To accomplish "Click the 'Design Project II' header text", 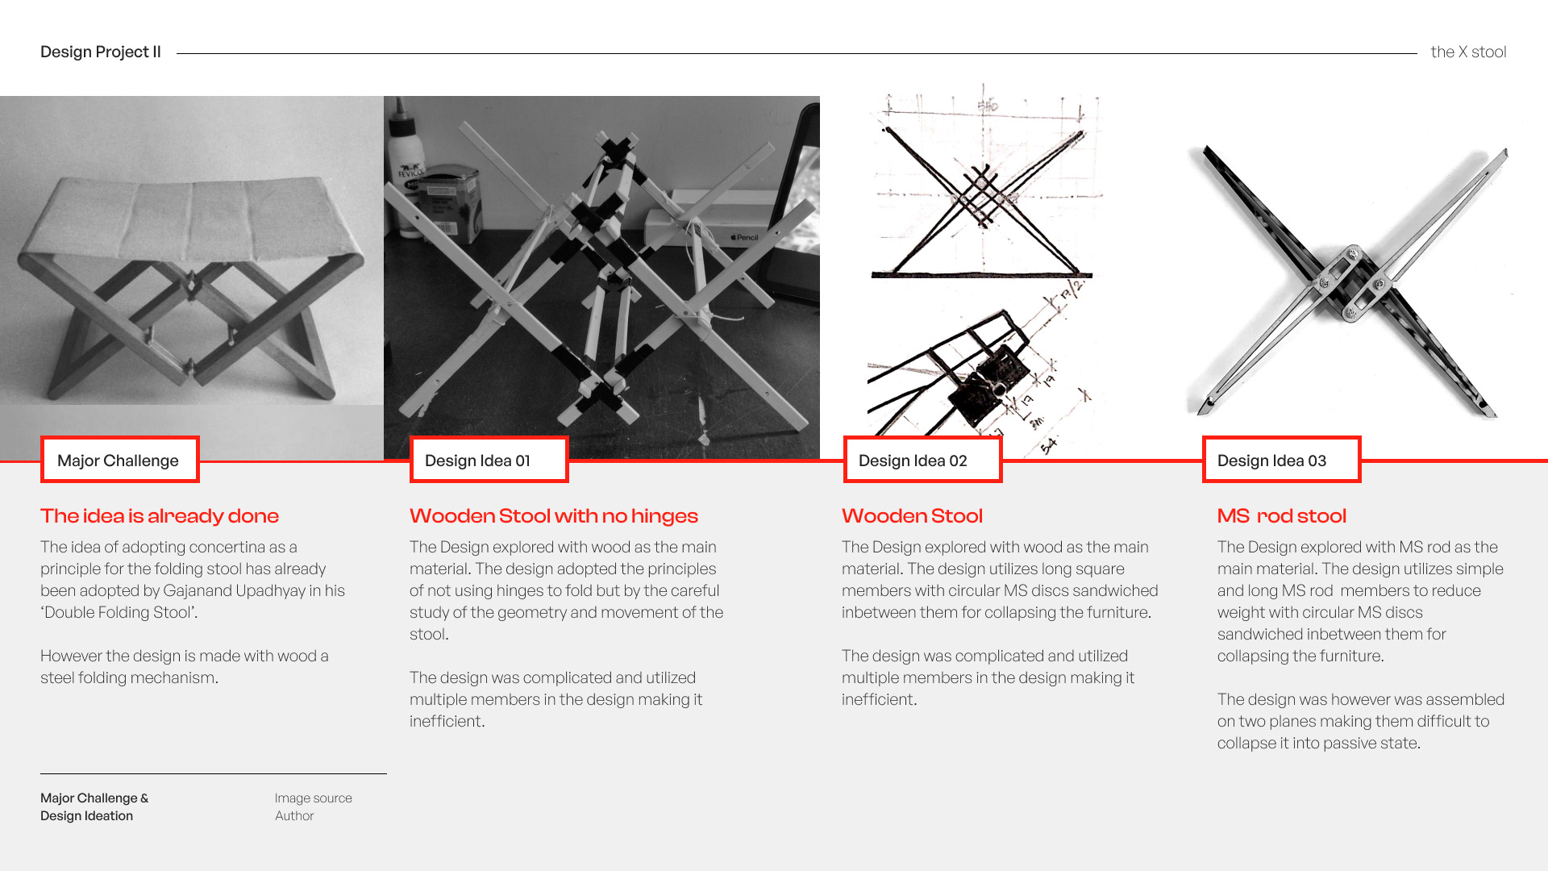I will (x=101, y=52).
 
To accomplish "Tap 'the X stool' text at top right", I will (x=1467, y=52).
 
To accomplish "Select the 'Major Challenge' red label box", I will (x=119, y=461).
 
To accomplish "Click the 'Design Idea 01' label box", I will (x=489, y=461).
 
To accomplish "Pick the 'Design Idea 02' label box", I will (x=922, y=461).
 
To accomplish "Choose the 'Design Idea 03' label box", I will (x=1281, y=461).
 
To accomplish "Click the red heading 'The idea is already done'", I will (x=160, y=516).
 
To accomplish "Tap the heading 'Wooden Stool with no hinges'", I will (x=554, y=516).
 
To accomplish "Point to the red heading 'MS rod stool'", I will (x=1282, y=516).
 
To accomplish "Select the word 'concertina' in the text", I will (x=228, y=548).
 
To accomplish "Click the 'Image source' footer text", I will (x=313, y=798).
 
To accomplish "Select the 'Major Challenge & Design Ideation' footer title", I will (x=94, y=807).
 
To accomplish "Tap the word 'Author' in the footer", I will (x=294, y=816).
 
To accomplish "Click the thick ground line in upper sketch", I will (x=982, y=276).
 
